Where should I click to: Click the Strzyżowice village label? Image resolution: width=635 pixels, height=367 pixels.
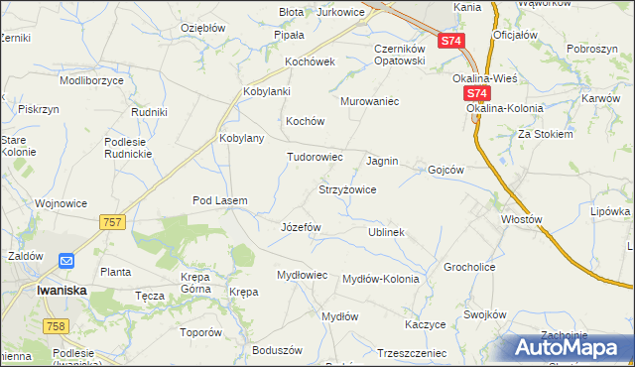(346, 188)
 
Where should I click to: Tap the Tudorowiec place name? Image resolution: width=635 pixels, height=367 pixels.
(315, 157)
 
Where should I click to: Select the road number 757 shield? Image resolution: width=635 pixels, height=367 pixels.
(112, 222)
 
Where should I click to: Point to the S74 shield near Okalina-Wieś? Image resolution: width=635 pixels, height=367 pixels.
(477, 94)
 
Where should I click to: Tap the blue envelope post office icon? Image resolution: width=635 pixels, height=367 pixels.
(66, 261)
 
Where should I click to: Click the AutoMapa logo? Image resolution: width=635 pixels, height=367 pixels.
(572, 347)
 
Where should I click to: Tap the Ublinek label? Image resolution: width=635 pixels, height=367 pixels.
(386, 232)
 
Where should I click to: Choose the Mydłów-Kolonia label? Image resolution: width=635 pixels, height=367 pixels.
(380, 279)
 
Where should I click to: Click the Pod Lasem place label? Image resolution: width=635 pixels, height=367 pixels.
(219, 200)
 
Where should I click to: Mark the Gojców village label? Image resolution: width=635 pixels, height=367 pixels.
(445, 170)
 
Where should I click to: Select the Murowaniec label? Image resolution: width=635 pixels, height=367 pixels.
(369, 101)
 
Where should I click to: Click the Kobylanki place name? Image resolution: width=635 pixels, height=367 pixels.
(266, 92)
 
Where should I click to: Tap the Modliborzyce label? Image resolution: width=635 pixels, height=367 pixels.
(90, 78)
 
